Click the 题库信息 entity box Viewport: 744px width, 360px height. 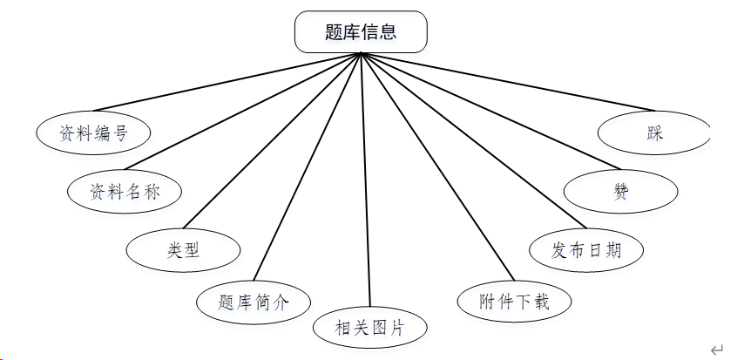tap(361, 32)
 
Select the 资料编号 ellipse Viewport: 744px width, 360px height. tap(93, 132)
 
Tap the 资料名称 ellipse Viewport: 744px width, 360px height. tap(125, 191)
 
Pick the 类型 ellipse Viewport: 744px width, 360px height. tap(183, 250)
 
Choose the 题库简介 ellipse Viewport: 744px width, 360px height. tap(253, 302)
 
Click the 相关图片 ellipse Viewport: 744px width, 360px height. tap(370, 328)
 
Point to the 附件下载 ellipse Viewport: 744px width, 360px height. tap(515, 302)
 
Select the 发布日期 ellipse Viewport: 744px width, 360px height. tap(587, 250)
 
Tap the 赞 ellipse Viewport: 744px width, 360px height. tap(620, 192)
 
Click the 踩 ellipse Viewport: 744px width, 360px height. tap(654, 133)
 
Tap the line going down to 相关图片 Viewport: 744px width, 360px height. tap(366, 180)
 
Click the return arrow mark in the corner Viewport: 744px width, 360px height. tap(717, 350)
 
